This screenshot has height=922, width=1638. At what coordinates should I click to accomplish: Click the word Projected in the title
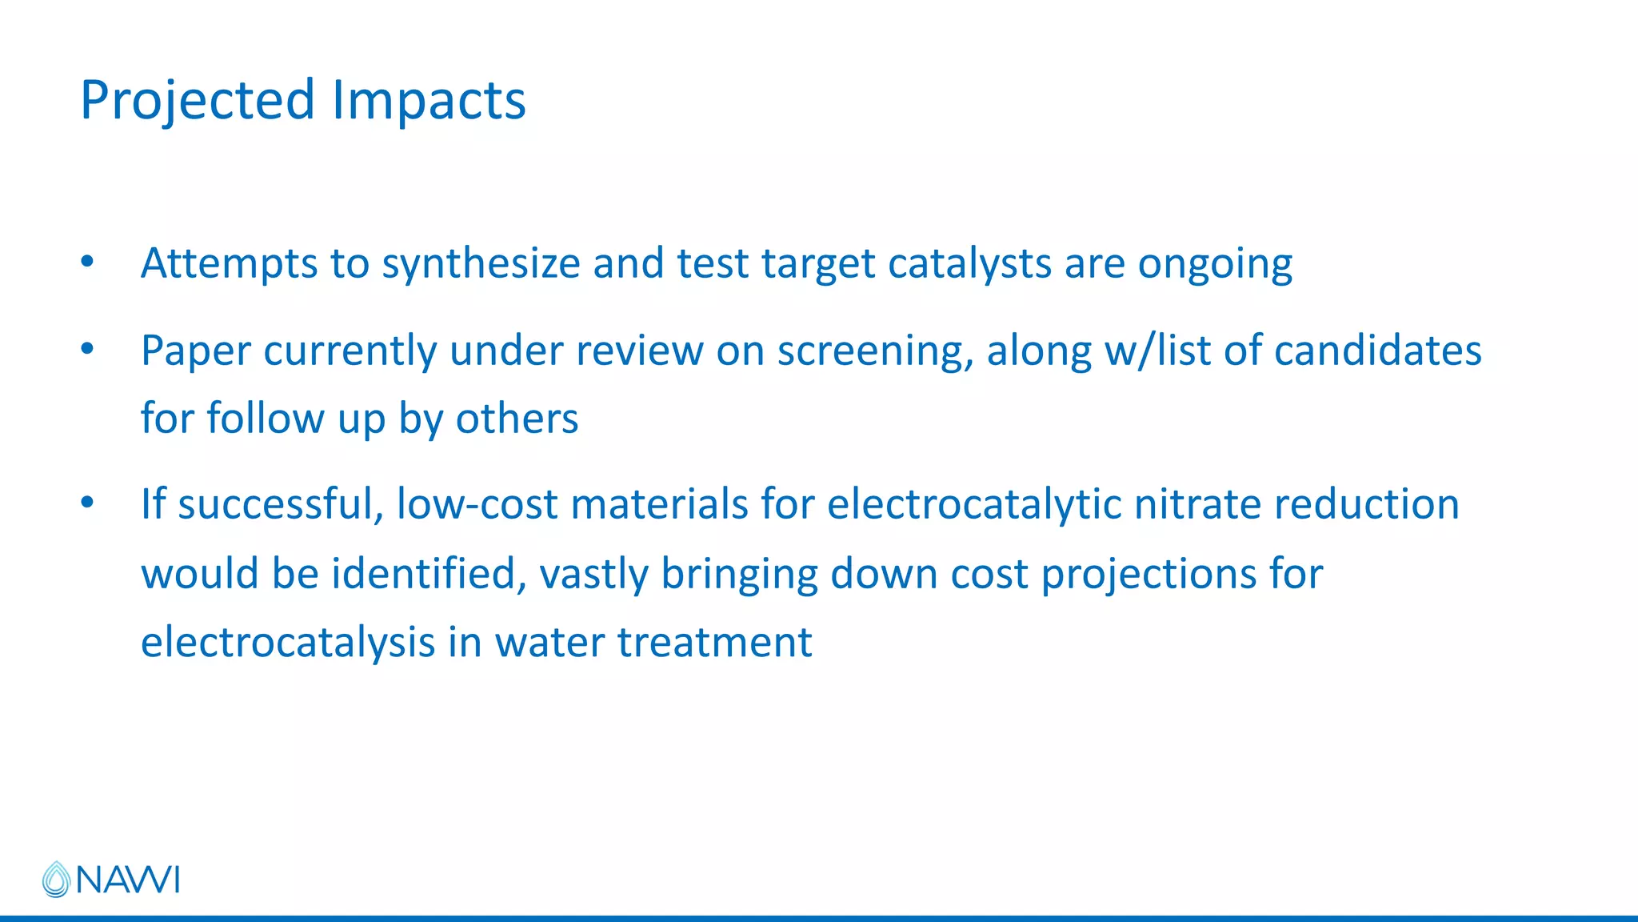[198, 101]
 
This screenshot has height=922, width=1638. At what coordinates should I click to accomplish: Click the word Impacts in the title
[429, 101]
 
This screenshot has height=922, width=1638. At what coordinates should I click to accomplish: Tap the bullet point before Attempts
[87, 262]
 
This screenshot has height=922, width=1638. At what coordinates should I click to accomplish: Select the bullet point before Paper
[87, 349]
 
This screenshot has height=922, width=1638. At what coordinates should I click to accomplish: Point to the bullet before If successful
[87, 503]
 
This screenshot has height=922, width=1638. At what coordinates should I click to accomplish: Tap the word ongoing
[1215, 264]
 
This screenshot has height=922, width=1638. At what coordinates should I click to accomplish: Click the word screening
[875, 351]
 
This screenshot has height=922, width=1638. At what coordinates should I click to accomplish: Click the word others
[517, 419]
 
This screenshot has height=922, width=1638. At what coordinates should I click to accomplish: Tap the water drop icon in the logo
[56, 880]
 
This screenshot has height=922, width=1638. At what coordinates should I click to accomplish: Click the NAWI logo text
[128, 880]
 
